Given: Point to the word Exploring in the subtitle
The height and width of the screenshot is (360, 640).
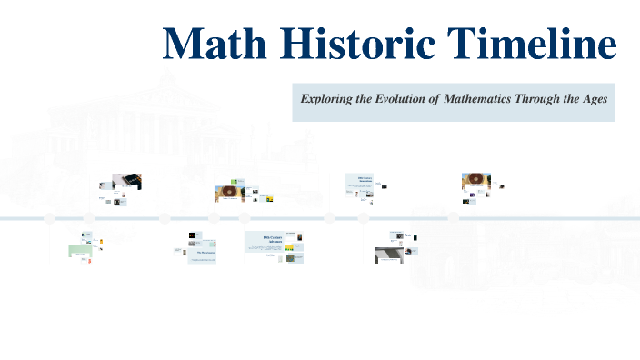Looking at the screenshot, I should click(331, 98).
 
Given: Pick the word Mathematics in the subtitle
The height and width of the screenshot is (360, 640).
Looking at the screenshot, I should click(476, 98).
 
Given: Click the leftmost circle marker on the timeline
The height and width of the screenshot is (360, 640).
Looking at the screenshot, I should click(50, 218).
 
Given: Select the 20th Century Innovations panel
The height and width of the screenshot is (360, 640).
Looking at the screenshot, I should click(362, 182).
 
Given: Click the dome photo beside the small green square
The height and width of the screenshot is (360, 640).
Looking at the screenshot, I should click(227, 193).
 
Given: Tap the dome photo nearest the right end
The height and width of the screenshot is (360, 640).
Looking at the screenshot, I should click(475, 181).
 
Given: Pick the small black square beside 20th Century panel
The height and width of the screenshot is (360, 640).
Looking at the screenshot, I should click(385, 187).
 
